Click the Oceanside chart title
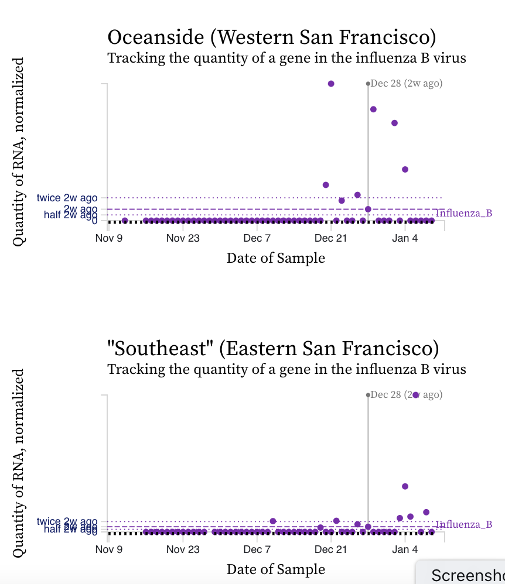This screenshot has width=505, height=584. click(x=272, y=37)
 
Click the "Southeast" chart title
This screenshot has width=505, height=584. click(x=273, y=349)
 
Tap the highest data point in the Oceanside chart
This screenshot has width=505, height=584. click(x=331, y=84)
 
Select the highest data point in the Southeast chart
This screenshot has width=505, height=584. click(x=416, y=395)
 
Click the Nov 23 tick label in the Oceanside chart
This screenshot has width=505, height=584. click(x=183, y=238)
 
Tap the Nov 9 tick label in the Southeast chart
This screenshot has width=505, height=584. click(x=108, y=549)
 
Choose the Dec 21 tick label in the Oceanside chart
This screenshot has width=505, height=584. click(x=331, y=238)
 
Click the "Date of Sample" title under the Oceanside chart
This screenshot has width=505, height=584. click(x=275, y=257)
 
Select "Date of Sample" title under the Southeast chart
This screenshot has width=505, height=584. click(x=275, y=569)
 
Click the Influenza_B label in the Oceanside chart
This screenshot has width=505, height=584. click(x=464, y=213)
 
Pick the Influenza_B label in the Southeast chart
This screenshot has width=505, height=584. click(x=464, y=524)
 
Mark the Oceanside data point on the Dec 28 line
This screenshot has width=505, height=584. click(x=368, y=209)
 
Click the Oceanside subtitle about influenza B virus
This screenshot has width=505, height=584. click(x=286, y=58)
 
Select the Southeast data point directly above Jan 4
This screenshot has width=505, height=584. click(x=405, y=486)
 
